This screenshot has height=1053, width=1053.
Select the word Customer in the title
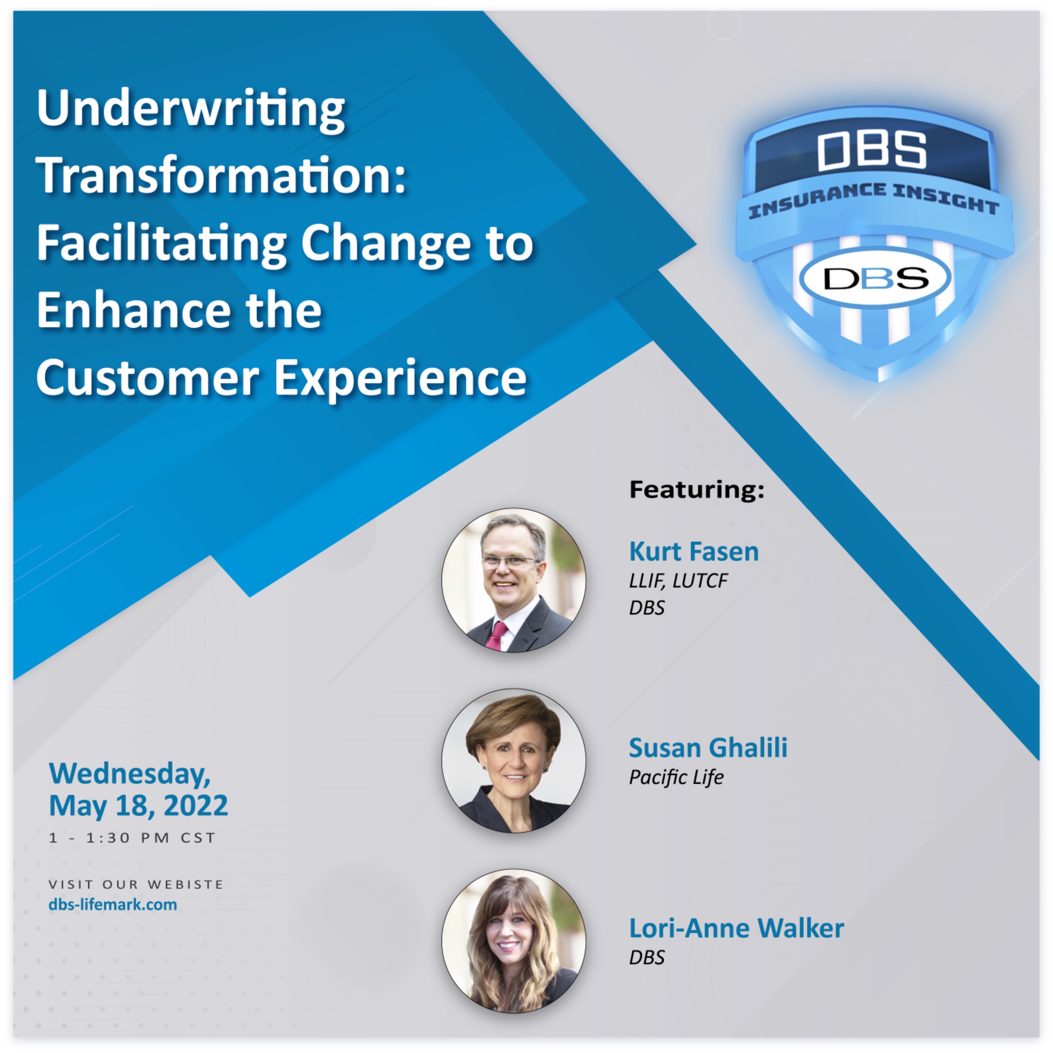point(147,378)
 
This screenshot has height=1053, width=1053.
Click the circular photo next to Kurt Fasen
point(514,581)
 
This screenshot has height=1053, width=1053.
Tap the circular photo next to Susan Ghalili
point(514,761)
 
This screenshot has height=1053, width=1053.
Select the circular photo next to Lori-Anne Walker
point(514,941)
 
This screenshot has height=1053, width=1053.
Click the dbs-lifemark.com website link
point(113,905)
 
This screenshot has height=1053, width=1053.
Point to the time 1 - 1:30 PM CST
point(132,838)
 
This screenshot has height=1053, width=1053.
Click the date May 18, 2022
point(138,806)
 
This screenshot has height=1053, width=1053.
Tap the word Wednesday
point(129,774)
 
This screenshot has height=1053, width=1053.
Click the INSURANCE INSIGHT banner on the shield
point(874,200)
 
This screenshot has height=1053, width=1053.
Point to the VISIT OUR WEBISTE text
point(136,884)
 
